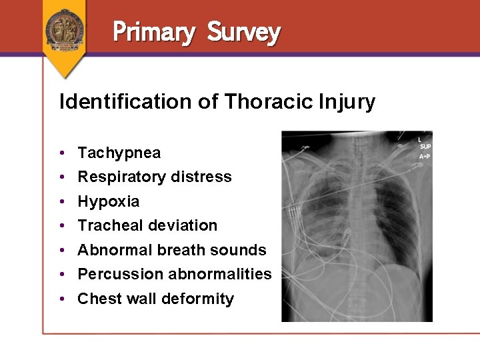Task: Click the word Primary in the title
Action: point(153,31)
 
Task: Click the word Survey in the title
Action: point(243,31)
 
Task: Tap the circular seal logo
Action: point(65,28)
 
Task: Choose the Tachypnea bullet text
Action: point(119,153)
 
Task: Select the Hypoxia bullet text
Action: point(108,201)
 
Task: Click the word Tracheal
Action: point(110,225)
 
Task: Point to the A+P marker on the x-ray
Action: point(425,156)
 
